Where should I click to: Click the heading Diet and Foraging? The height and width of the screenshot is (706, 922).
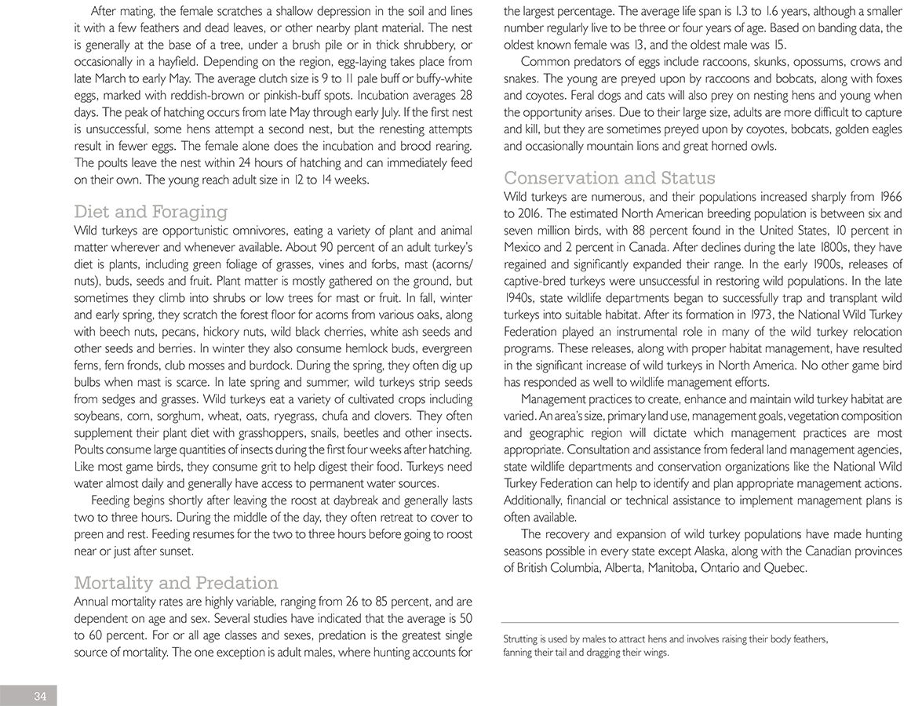click(x=151, y=212)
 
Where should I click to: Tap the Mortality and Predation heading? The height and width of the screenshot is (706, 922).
click(x=176, y=583)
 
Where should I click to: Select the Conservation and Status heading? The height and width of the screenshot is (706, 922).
click(x=609, y=177)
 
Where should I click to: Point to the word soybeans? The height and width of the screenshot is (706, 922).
click(x=98, y=416)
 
